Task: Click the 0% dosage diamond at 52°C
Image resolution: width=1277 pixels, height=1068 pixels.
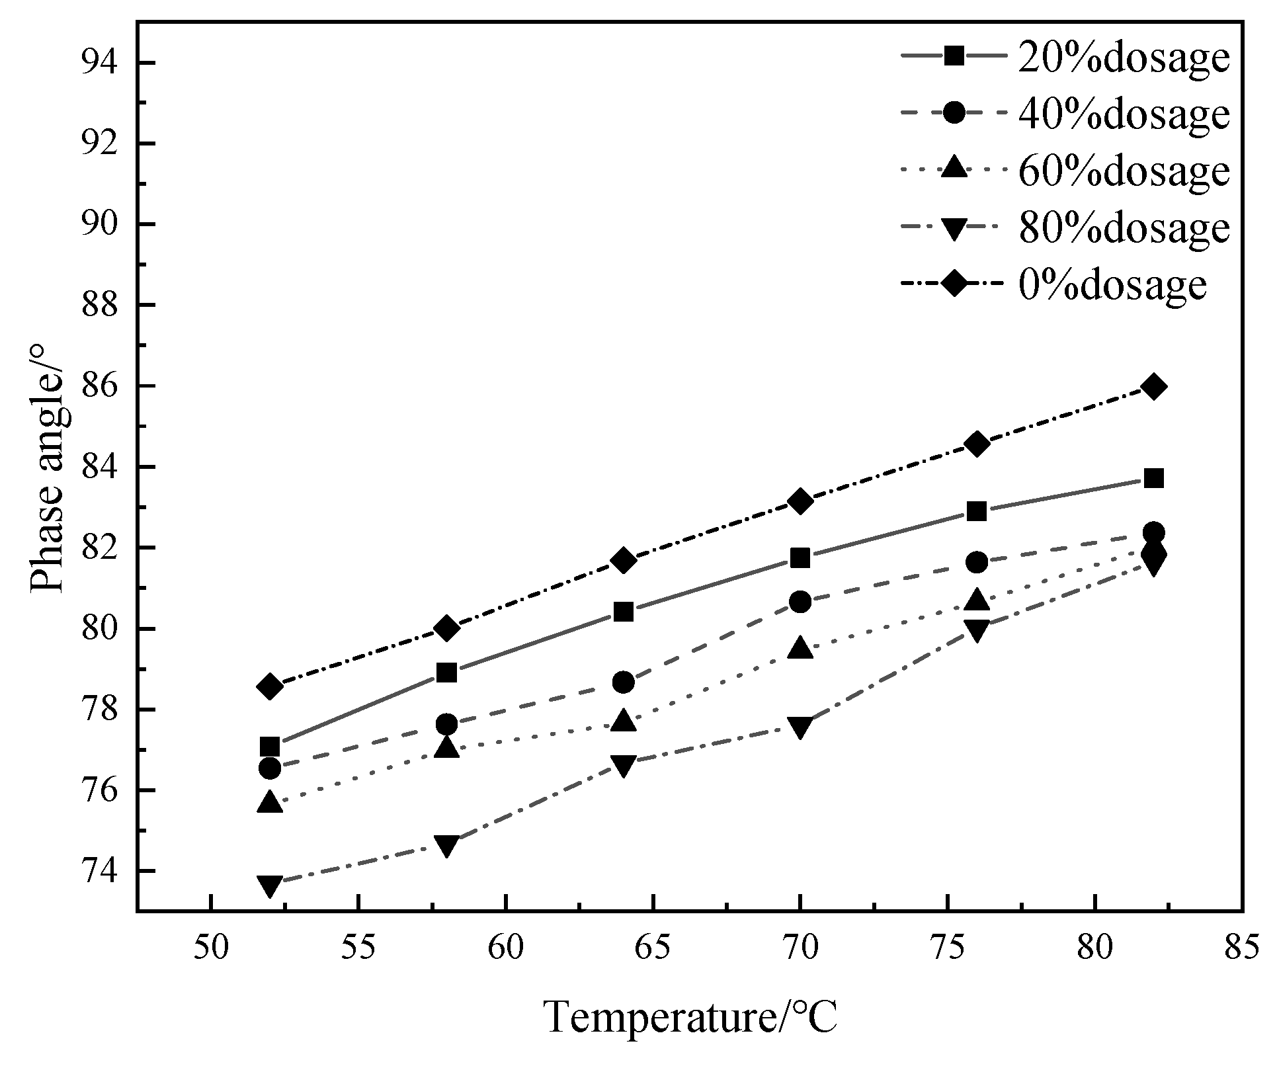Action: [x=270, y=686]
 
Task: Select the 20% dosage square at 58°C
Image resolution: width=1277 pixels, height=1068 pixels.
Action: [x=447, y=673]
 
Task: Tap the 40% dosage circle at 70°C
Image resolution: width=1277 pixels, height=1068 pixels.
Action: [x=800, y=602]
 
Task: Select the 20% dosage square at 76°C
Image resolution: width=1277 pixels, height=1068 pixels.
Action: [x=977, y=511]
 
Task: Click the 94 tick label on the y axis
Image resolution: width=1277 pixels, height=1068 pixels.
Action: [x=99, y=63]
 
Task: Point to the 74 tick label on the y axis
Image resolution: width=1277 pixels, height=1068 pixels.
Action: [x=99, y=872]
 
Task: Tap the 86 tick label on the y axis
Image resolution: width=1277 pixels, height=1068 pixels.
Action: [x=99, y=387]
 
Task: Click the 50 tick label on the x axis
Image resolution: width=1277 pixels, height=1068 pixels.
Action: [x=211, y=948]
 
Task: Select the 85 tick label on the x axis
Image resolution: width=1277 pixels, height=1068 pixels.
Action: [x=1243, y=948]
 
